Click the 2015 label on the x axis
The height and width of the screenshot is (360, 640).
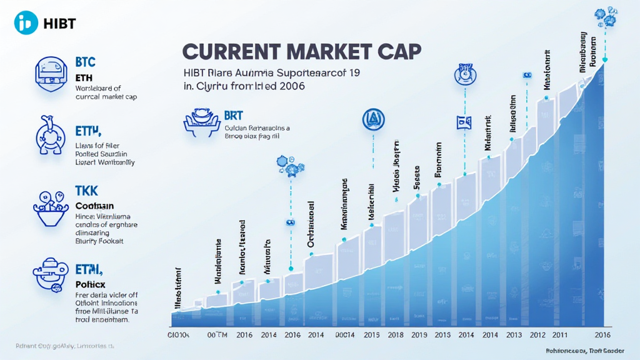tap(372, 334)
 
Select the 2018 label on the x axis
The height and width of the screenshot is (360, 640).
tap(395, 334)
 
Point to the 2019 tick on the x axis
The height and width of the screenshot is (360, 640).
tap(419, 334)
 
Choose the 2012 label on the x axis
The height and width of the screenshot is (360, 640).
tap(537, 334)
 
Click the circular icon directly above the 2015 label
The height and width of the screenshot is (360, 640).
tap(374, 120)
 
